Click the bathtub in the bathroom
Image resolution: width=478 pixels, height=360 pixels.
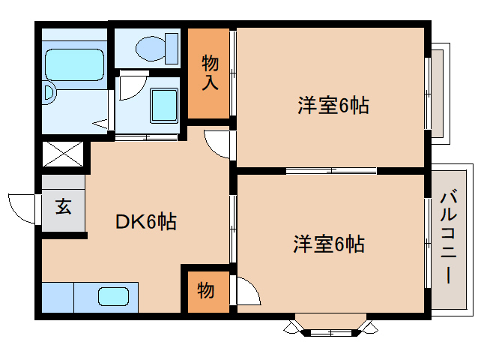[73, 65]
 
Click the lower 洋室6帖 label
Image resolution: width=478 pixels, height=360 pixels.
[329, 244]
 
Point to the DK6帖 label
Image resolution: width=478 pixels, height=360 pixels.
[145, 221]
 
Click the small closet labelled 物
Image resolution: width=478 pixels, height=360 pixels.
[206, 289]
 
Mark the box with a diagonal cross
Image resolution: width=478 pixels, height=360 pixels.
[62, 154]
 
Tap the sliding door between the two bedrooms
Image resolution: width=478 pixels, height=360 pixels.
[330, 171]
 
